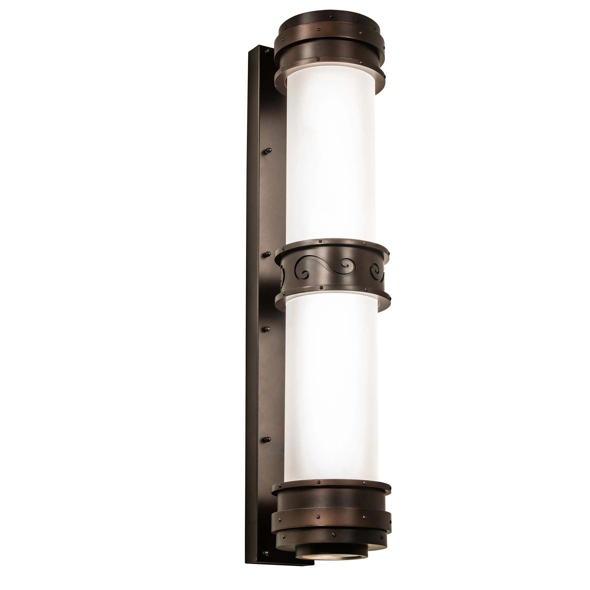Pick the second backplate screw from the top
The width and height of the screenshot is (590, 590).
[x=268, y=150]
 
